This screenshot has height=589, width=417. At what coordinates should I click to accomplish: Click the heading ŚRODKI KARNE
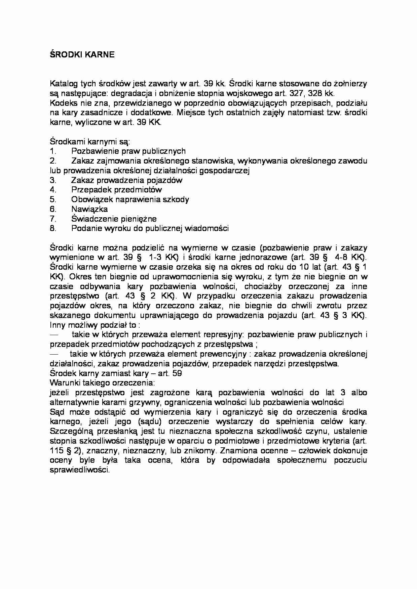(x=82, y=55)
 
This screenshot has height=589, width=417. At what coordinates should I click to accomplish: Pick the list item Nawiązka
(x=89, y=209)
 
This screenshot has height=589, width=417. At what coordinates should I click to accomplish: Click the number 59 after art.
(x=177, y=373)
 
